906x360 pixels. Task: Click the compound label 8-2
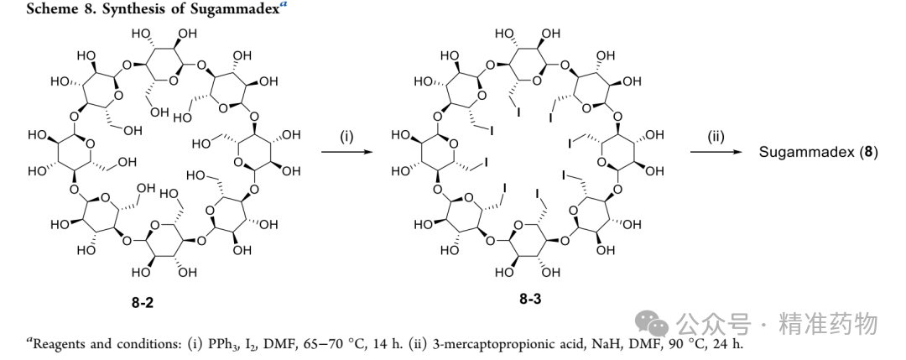pos(142,302)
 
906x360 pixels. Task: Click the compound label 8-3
pos(530,299)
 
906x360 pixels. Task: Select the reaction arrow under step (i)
pos(346,152)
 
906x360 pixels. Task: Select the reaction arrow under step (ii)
pos(716,152)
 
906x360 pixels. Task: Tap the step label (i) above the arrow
pos(346,137)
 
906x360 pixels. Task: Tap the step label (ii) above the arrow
pos(716,137)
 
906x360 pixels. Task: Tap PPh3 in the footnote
pos(218,344)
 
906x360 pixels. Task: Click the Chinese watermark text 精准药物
pos(828,323)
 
